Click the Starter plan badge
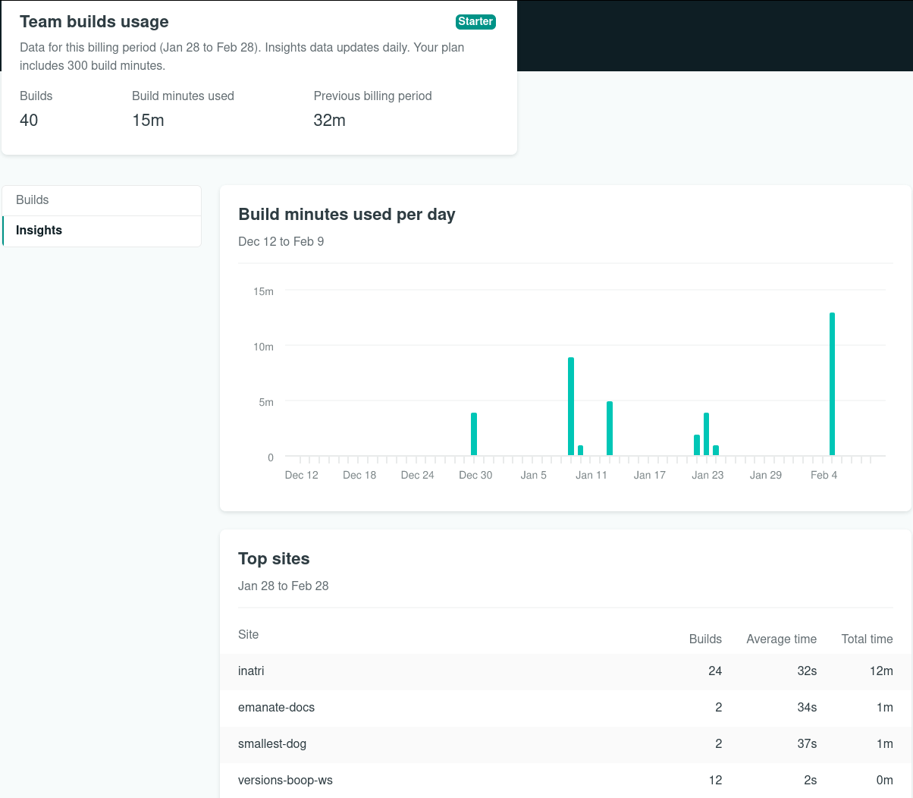pyautogui.click(x=475, y=22)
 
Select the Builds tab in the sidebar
pyautogui.click(x=33, y=200)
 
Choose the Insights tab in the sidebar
pyautogui.click(x=39, y=231)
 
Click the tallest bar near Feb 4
pyautogui.click(x=832, y=384)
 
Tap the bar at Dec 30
pyautogui.click(x=474, y=434)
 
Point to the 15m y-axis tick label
pyautogui.click(x=264, y=291)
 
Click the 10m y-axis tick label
pyautogui.click(x=264, y=347)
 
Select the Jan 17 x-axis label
pyautogui.click(x=650, y=475)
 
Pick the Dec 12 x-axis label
pyautogui.click(x=301, y=475)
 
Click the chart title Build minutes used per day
pyautogui.click(x=347, y=215)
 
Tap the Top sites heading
pyautogui.click(x=274, y=559)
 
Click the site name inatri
pyautogui.click(x=251, y=671)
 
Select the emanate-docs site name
pyautogui.click(x=276, y=708)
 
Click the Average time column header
pyautogui.click(x=781, y=639)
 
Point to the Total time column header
pyautogui.click(x=867, y=639)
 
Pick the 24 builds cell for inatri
pyautogui.click(x=715, y=671)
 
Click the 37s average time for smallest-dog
pyautogui.click(x=807, y=744)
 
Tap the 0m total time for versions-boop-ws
pyautogui.click(x=884, y=781)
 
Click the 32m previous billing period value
pyautogui.click(x=330, y=121)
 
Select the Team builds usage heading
pyautogui.click(x=94, y=22)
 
